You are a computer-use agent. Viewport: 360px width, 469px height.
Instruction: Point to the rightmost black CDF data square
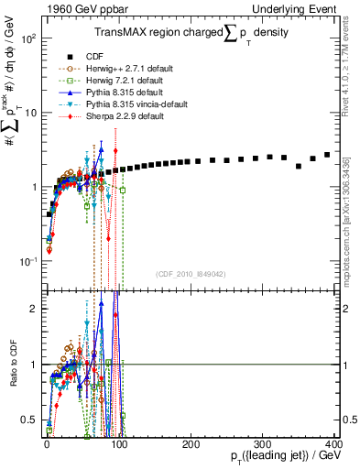[327, 155]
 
